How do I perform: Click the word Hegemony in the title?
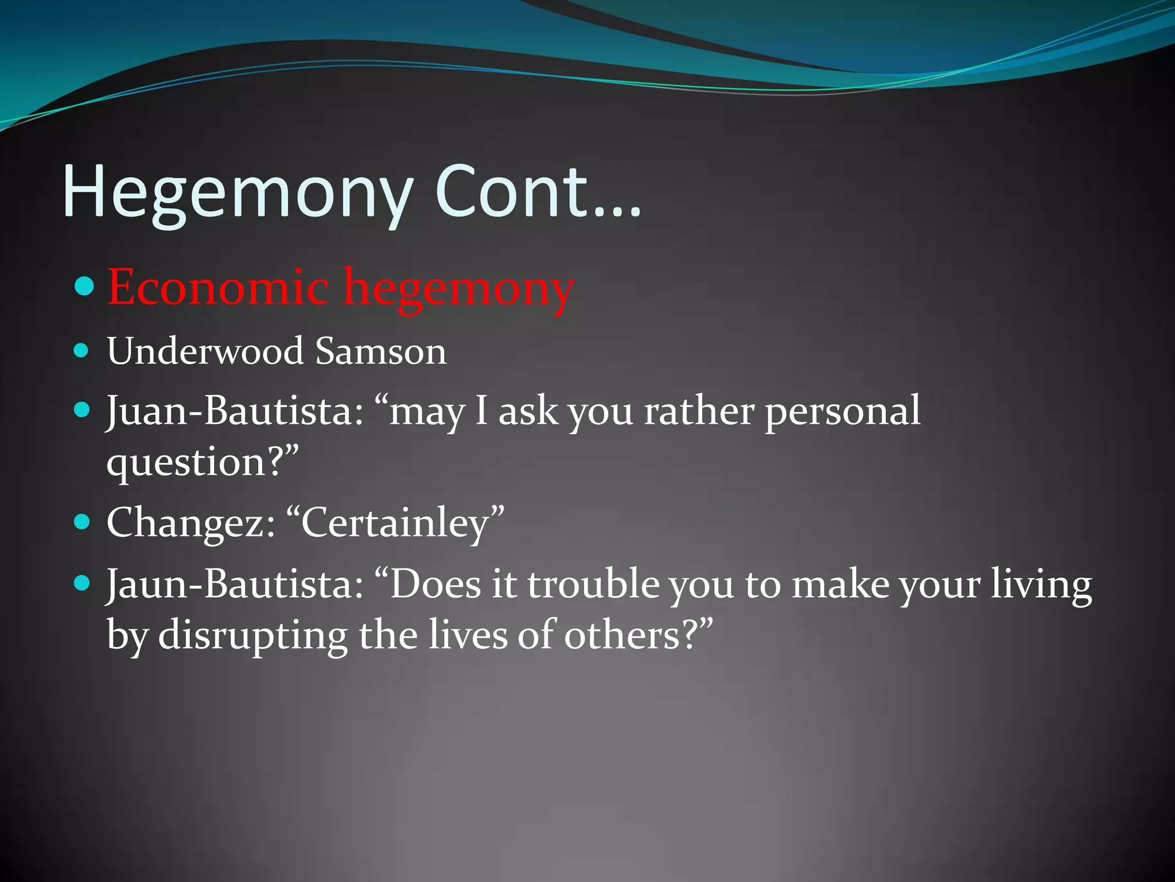tap(236, 192)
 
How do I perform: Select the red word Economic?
tap(218, 287)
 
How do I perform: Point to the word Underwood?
tap(205, 351)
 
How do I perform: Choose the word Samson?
tap(380, 351)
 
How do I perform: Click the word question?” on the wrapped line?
tap(203, 463)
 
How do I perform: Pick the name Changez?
tap(191, 523)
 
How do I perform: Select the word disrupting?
tap(252, 636)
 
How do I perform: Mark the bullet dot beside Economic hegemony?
tap(84, 285)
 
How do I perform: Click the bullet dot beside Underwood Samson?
tap(82, 350)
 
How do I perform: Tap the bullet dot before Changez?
tap(82, 522)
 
